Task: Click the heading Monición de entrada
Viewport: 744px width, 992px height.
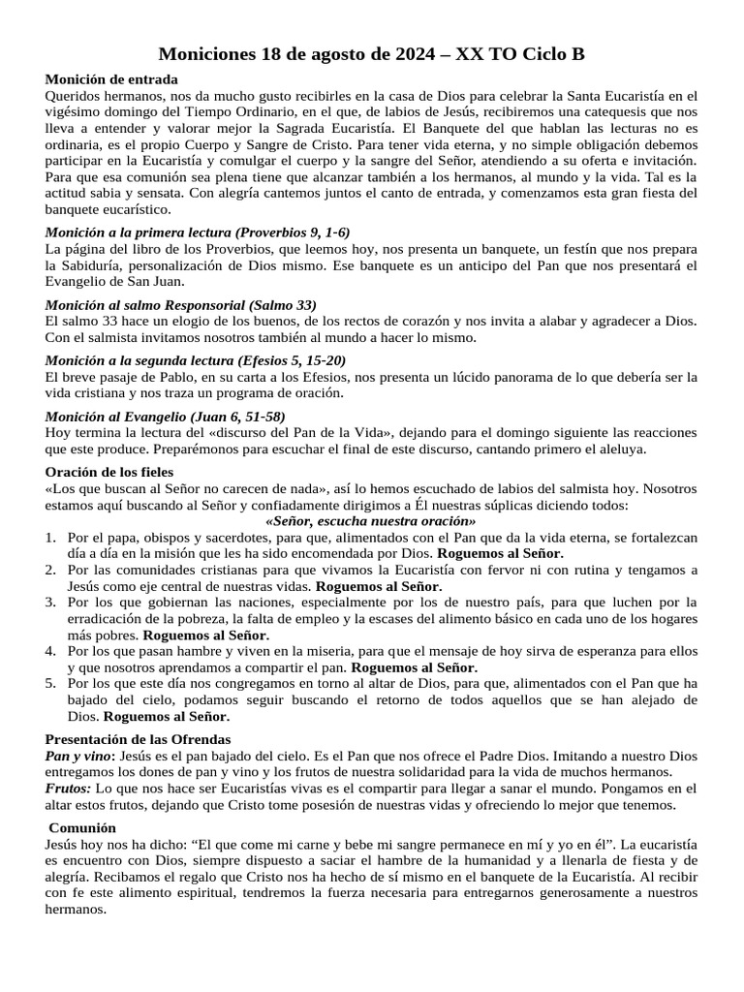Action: point(111,79)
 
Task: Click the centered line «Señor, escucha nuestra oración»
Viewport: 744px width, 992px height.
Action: point(371,520)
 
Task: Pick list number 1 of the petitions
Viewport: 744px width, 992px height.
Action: point(50,537)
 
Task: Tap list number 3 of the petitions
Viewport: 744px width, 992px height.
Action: point(50,603)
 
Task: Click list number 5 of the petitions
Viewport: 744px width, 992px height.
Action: point(50,684)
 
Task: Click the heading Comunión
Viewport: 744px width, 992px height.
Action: point(84,828)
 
